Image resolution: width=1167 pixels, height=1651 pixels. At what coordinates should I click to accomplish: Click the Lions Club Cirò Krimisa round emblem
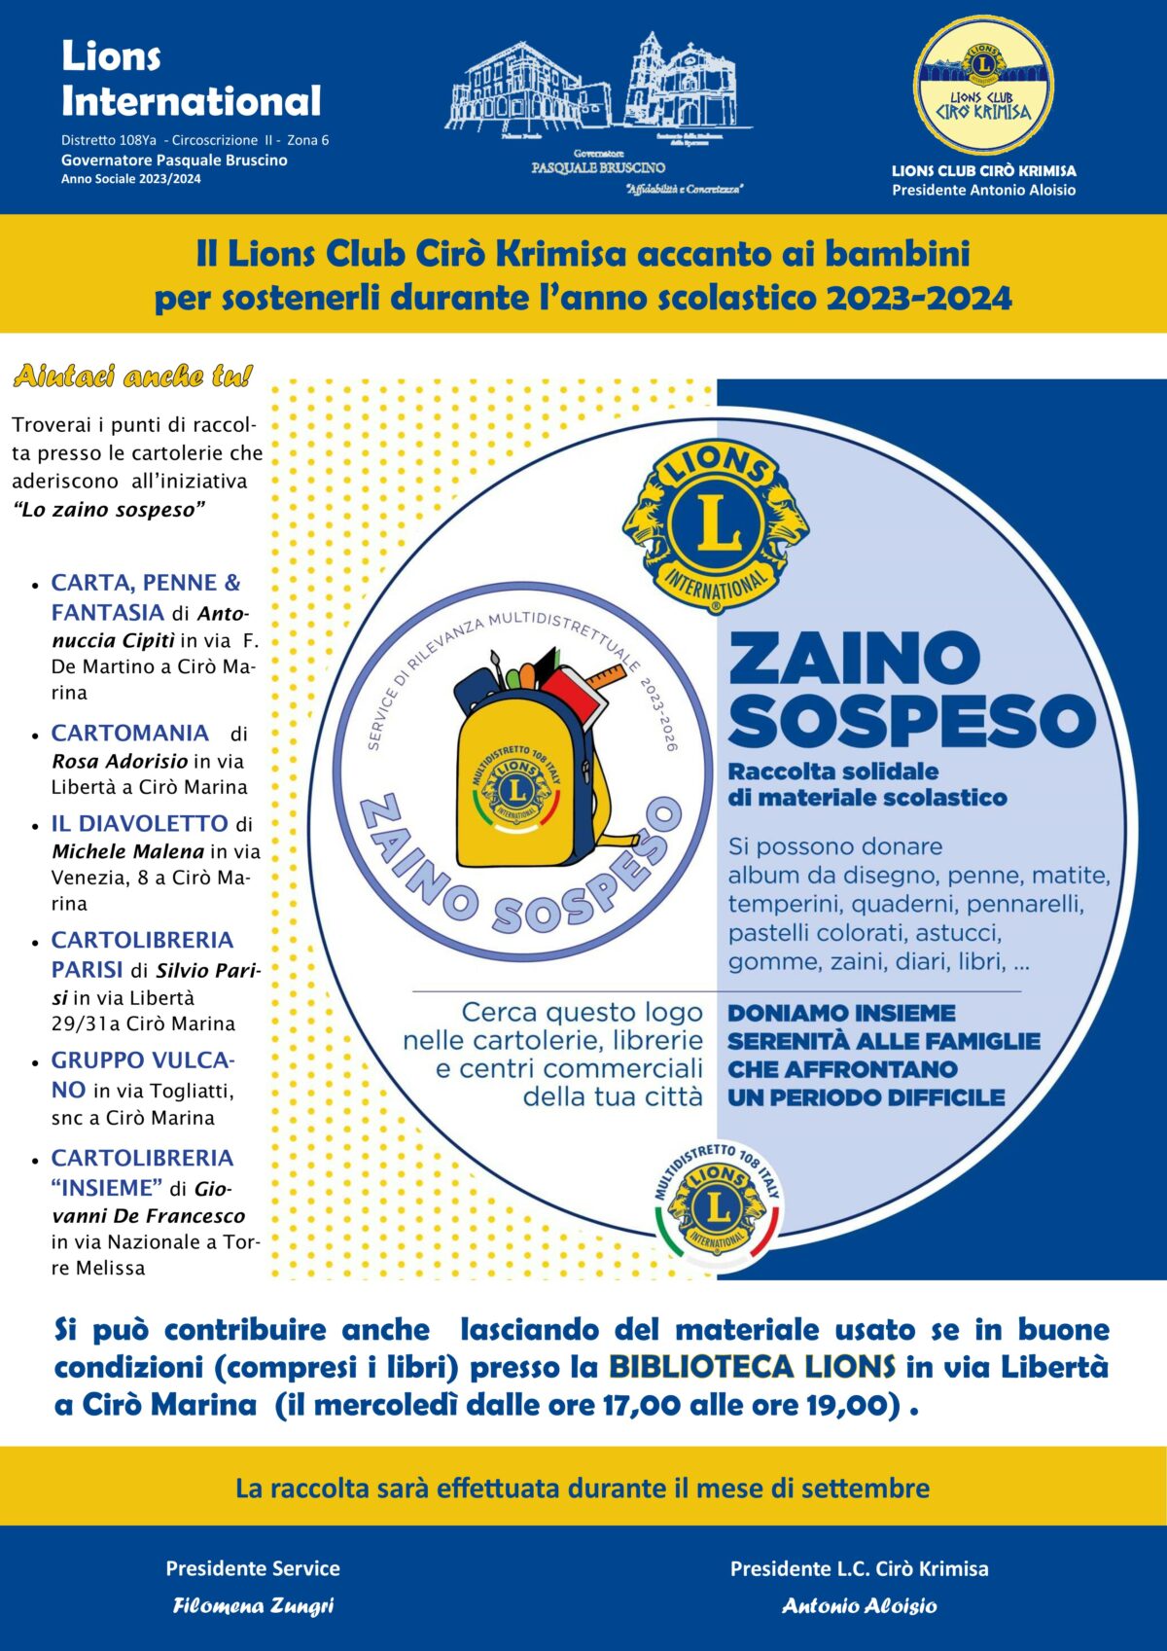[983, 85]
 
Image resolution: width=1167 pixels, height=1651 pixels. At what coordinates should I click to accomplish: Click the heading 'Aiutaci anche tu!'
[133, 377]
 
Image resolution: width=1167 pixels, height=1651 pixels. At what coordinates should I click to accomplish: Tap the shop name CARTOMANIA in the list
[130, 733]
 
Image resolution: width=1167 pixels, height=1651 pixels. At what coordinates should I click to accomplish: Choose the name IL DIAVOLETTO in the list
[139, 823]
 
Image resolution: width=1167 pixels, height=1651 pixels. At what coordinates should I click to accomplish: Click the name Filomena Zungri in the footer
[253, 1605]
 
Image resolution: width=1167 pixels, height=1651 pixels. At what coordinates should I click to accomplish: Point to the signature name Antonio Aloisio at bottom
[860, 1605]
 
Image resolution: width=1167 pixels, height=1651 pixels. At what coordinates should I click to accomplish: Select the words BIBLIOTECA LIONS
[752, 1367]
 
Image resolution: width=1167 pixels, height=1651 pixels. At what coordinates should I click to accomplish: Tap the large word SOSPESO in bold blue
[911, 721]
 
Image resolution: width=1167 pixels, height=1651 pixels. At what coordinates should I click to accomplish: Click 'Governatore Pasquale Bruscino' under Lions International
[174, 160]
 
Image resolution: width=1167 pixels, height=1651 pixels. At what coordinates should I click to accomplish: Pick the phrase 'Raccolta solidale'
[833, 772]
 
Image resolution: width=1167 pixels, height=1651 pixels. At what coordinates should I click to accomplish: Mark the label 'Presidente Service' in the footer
[253, 1568]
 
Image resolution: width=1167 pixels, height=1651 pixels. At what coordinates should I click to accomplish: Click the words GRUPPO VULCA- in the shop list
[143, 1059]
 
